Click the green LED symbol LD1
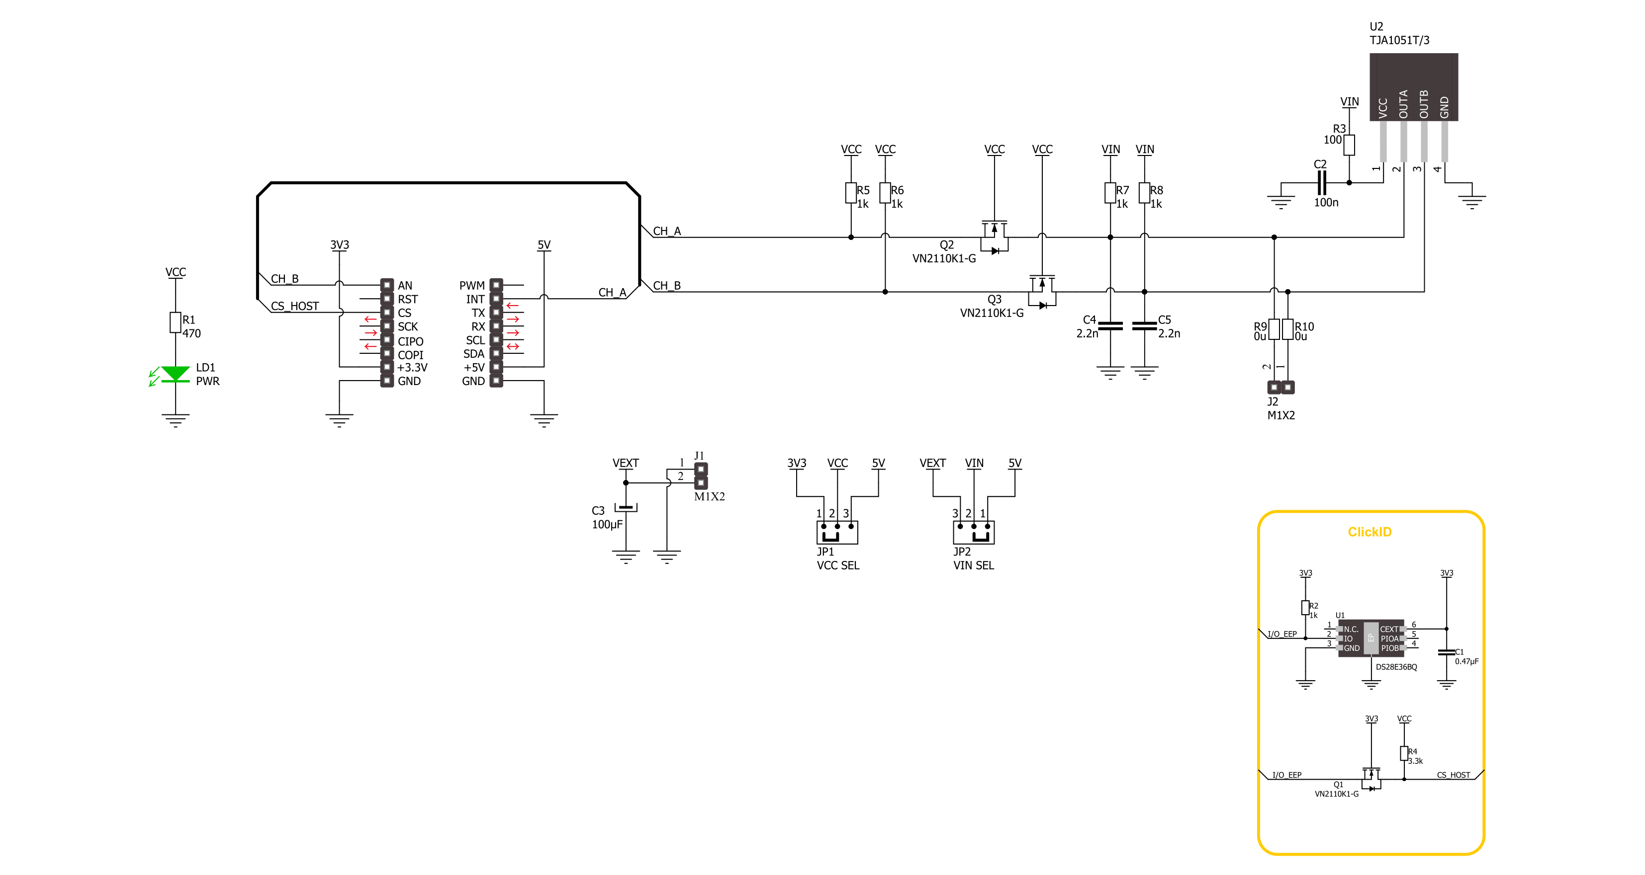click(x=175, y=375)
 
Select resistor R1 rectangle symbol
click(x=175, y=322)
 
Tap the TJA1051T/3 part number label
click(x=1399, y=40)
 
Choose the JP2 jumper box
click(x=973, y=532)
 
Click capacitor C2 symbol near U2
click(x=1321, y=182)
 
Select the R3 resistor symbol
click(x=1349, y=145)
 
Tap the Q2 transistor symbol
click(x=994, y=238)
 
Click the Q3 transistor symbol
click(x=1042, y=292)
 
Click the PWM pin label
click(x=472, y=285)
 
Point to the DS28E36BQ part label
click(x=1396, y=667)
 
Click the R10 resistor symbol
click(x=1287, y=329)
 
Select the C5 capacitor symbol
click(x=1144, y=326)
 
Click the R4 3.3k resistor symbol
click(x=1404, y=754)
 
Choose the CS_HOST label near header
click(x=294, y=307)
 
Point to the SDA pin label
click(x=474, y=354)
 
